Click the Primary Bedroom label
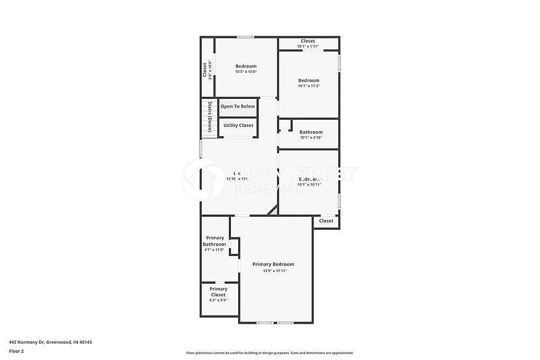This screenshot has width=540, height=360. click(273, 264)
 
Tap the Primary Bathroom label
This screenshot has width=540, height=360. click(215, 241)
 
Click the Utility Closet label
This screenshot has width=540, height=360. click(238, 126)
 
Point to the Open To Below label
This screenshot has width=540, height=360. click(237, 106)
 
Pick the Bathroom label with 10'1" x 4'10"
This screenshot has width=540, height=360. click(311, 132)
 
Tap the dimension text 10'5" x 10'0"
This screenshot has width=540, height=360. click(246, 72)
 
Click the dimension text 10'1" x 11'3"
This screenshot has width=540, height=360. click(309, 86)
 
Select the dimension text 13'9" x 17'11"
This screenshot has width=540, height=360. click(273, 271)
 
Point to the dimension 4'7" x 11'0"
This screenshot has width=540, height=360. click(214, 250)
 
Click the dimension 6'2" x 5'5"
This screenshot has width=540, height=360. click(219, 301)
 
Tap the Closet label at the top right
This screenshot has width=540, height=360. click(308, 41)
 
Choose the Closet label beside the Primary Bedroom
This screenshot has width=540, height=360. click(326, 221)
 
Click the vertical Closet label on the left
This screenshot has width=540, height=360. click(204, 69)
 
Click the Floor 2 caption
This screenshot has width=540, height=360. click(16, 351)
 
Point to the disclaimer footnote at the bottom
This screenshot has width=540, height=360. click(269, 353)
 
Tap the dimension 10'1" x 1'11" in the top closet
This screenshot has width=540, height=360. click(308, 47)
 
